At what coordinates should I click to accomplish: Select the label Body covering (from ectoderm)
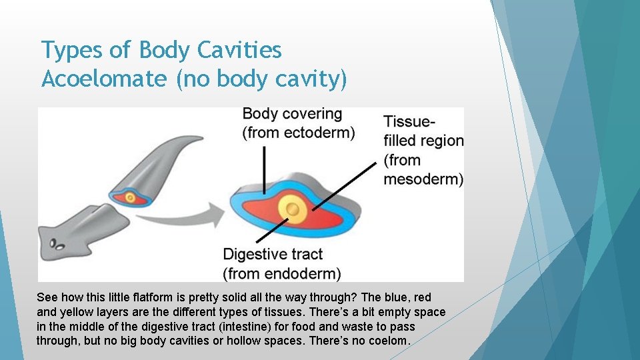(298, 123)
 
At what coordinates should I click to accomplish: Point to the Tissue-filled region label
(423, 150)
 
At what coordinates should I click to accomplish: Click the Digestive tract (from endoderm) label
(281, 263)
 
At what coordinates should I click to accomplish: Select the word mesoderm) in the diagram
(423, 179)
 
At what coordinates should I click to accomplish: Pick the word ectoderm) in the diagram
(319, 133)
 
